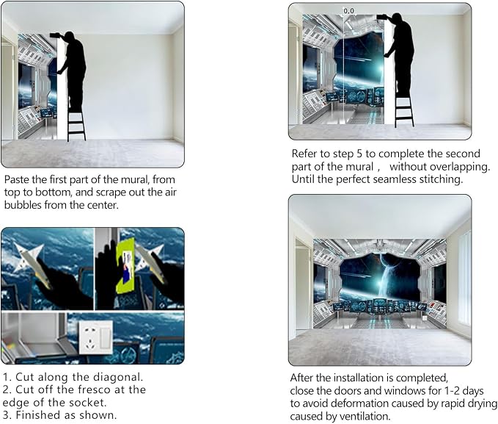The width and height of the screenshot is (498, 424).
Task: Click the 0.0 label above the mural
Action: (348, 11)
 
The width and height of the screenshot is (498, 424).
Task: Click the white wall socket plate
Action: (95, 337)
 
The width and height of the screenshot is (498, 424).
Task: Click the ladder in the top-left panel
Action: (76, 123)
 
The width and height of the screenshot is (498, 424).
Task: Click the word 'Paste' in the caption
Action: (14, 179)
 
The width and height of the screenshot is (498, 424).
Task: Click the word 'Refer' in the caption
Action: (304, 154)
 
